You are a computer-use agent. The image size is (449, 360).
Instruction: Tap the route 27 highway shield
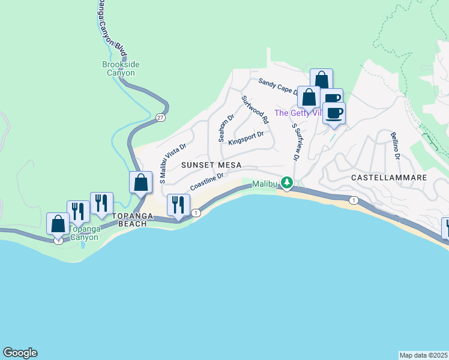coord(160,118)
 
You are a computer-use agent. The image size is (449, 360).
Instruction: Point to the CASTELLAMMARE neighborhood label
coord(388,178)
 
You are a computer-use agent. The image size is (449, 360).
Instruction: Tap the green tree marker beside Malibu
coord(288,182)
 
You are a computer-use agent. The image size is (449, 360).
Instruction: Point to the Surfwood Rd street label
coord(255,110)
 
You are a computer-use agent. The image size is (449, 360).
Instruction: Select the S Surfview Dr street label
coord(295,142)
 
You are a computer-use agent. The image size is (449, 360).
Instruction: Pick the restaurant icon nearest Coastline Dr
coord(178,205)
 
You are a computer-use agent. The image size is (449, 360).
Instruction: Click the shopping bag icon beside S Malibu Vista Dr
coord(140,182)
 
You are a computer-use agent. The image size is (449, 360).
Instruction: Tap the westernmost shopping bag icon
coord(58,224)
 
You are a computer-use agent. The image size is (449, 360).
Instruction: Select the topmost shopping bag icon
coord(321,79)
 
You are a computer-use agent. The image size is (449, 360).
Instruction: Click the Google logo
coord(20,353)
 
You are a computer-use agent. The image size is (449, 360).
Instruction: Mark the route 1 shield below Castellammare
coord(355,200)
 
